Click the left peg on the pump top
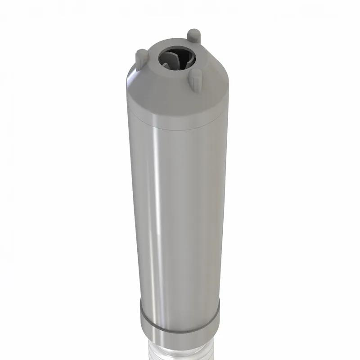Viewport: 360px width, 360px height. coord(141,57)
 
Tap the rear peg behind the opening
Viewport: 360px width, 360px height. coord(194,36)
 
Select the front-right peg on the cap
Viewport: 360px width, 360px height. coord(195,80)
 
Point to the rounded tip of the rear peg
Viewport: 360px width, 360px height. coord(194,32)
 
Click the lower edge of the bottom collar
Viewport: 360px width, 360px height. coord(179,343)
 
